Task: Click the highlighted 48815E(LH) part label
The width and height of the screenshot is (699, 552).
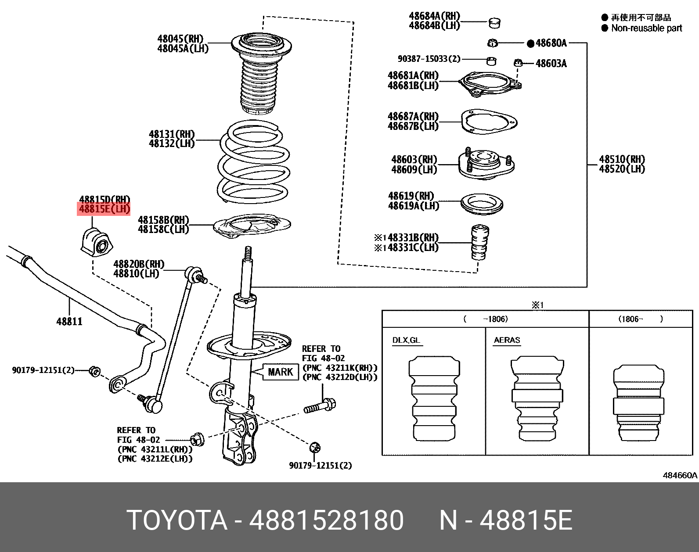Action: click(x=104, y=209)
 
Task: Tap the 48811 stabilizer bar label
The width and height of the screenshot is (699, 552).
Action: click(x=69, y=321)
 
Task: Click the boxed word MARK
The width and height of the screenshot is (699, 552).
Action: click(x=281, y=372)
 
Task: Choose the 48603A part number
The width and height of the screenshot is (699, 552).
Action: click(x=551, y=64)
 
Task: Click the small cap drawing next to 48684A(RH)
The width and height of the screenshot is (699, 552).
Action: click(x=495, y=22)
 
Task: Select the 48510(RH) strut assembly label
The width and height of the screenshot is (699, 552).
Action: click(x=622, y=159)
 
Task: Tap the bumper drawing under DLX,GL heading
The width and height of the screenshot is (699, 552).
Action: click(x=434, y=398)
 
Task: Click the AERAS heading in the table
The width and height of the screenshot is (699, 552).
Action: click(x=507, y=340)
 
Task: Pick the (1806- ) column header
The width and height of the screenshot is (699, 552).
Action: click(x=641, y=319)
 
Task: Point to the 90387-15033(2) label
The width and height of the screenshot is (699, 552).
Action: click(x=429, y=59)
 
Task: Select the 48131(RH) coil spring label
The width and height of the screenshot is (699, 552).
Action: click(x=172, y=134)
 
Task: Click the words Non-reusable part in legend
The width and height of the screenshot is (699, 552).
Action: click(x=646, y=28)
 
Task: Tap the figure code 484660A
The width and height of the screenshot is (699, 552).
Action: click(x=680, y=475)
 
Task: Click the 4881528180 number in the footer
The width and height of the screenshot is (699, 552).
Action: click(x=326, y=520)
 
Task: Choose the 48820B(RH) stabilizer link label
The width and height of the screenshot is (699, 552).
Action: click(x=139, y=264)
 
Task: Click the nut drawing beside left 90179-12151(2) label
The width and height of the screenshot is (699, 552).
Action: click(x=94, y=371)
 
